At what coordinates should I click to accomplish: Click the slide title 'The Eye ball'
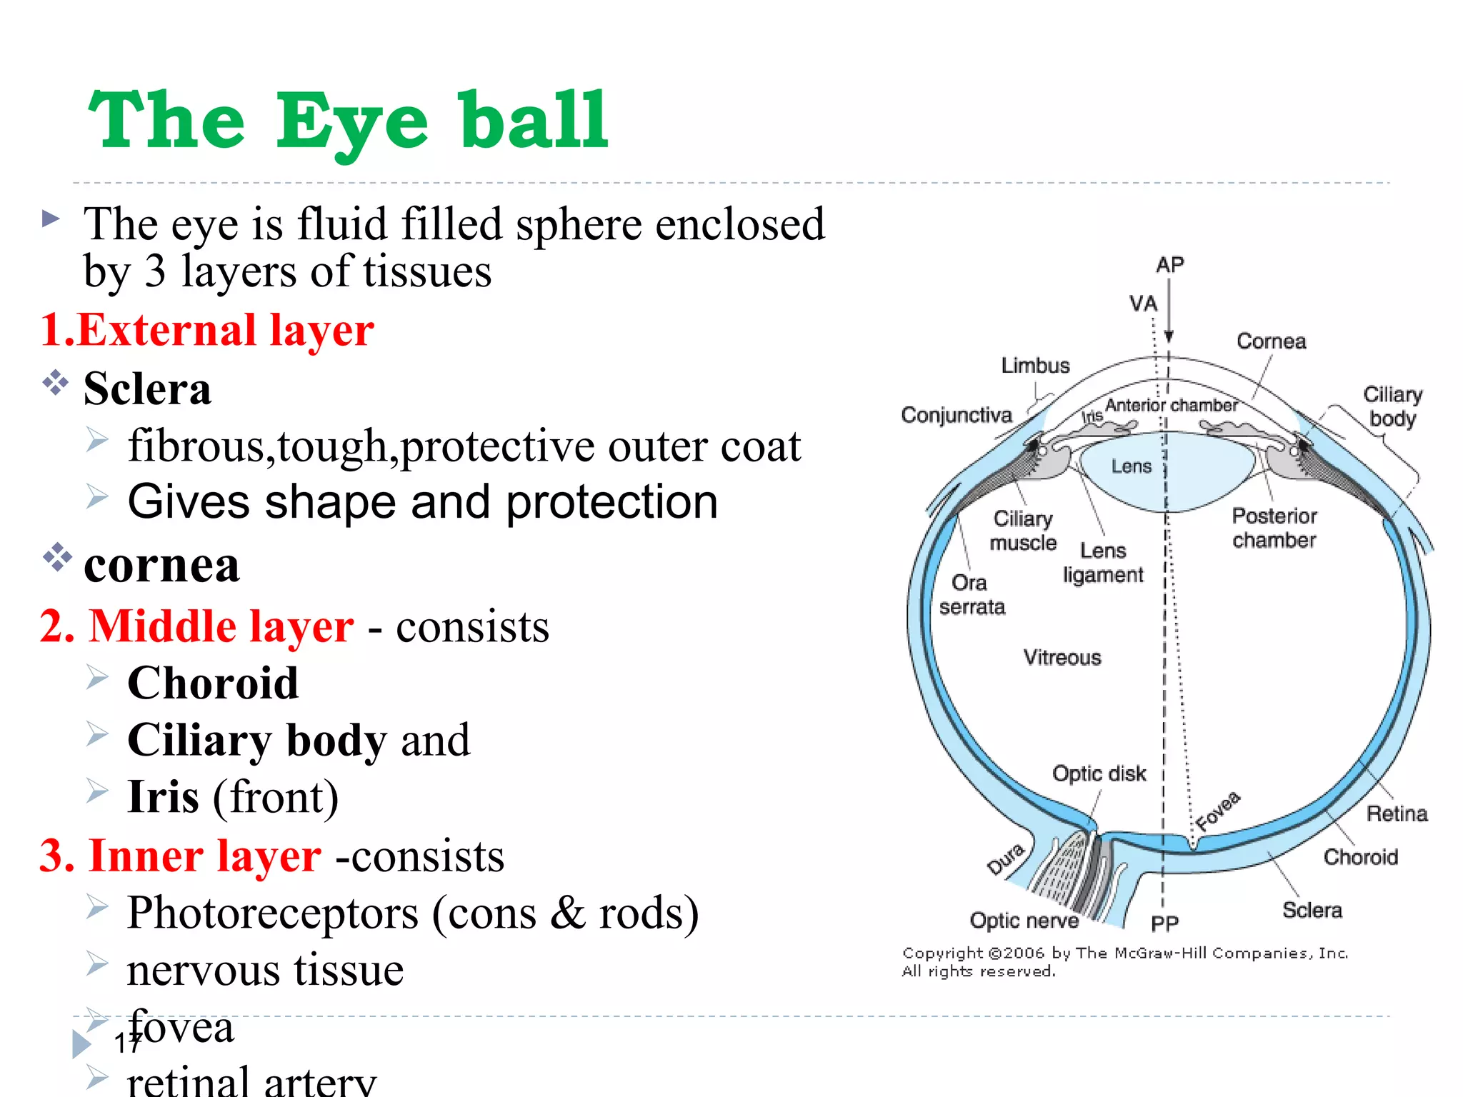tap(348, 121)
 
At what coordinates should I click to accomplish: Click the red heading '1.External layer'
tap(207, 331)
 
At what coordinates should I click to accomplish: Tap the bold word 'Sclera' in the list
tap(148, 389)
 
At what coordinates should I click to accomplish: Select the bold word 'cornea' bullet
tap(162, 566)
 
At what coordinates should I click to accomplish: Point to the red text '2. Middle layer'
tap(197, 626)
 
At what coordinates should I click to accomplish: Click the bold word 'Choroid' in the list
tap(213, 683)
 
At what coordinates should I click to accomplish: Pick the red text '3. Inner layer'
tap(181, 856)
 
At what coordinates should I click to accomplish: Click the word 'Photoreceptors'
tap(273, 913)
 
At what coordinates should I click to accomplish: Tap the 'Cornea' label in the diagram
tap(1271, 341)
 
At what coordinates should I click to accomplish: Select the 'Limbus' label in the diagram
tap(1035, 366)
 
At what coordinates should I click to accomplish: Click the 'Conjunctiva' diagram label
tap(957, 415)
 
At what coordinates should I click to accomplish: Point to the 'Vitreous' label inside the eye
tap(1062, 657)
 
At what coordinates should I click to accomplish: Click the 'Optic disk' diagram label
tap(1099, 773)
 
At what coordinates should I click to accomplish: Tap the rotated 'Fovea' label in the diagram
tap(1219, 811)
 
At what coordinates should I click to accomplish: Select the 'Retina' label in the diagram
tap(1397, 813)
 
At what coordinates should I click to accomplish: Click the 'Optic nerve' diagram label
tap(1024, 921)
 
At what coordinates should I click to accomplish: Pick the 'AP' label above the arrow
tap(1170, 265)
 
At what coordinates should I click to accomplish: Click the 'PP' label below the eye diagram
tap(1164, 924)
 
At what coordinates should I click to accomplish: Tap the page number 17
tap(128, 1043)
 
